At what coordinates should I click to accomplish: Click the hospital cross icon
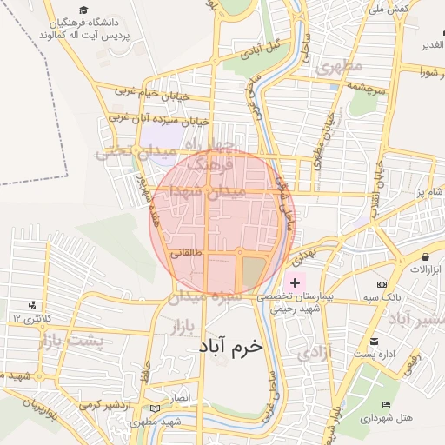click(295, 282)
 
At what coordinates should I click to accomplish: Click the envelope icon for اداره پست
click(374, 341)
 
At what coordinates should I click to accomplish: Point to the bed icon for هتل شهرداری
click(386, 405)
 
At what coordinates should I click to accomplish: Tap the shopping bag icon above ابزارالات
click(426, 256)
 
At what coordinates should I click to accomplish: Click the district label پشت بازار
click(70, 341)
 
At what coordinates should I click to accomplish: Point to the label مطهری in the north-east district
click(338, 67)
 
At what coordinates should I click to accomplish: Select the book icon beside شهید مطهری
click(156, 408)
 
